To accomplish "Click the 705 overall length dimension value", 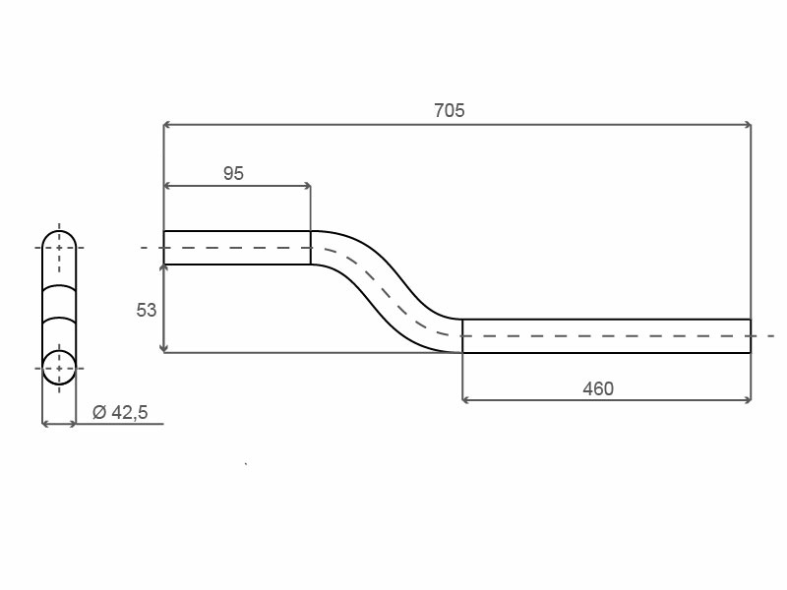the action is pyautogui.click(x=450, y=110).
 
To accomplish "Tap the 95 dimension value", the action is pyautogui.click(x=233, y=174).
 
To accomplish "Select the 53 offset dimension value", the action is pyautogui.click(x=146, y=310).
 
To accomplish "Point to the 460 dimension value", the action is pyautogui.click(x=598, y=388).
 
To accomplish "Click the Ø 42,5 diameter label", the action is pyautogui.click(x=120, y=412).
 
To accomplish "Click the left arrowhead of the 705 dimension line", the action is pyautogui.click(x=167, y=125).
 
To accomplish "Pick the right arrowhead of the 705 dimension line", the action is pyautogui.click(x=747, y=125).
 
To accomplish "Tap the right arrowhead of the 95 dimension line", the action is pyautogui.click(x=307, y=186).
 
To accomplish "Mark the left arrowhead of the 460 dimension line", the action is pyautogui.click(x=466, y=400).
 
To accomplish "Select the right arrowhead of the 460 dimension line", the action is pyautogui.click(x=747, y=400).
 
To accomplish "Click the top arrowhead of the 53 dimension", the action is pyautogui.click(x=163, y=268).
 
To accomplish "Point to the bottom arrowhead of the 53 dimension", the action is pyautogui.click(x=163, y=348).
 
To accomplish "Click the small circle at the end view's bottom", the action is pyautogui.click(x=59, y=368).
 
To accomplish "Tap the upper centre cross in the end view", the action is pyautogui.click(x=59, y=248).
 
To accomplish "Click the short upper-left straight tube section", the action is pyautogui.click(x=237, y=248).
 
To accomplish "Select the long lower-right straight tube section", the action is pyautogui.click(x=606, y=335).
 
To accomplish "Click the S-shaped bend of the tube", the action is pyautogui.click(x=387, y=291).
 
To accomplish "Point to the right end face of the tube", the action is pyautogui.click(x=751, y=335).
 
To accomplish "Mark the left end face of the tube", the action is pyautogui.click(x=164, y=248).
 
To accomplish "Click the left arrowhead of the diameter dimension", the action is pyautogui.click(x=46, y=424).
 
